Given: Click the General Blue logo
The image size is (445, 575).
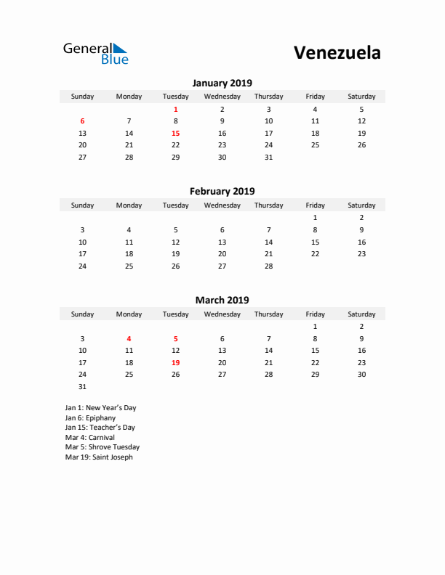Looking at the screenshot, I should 95,53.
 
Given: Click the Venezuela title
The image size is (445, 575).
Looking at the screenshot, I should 337,52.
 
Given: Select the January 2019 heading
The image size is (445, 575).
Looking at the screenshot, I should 222,83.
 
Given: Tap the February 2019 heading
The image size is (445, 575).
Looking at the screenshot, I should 222,192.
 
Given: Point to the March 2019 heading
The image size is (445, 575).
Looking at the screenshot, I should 222,300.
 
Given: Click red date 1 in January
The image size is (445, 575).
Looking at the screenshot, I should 175,109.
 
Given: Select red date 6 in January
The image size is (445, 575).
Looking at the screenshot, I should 82,121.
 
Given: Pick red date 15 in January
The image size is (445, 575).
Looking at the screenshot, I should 175,134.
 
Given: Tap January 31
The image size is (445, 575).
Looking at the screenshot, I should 268,157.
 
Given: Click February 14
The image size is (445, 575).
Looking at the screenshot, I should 268,242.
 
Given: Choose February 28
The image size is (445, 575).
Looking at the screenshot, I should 268,266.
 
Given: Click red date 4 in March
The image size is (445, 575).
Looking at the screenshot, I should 129,338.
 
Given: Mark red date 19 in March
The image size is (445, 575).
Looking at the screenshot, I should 175,362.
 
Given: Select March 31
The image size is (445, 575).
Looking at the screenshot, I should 82,386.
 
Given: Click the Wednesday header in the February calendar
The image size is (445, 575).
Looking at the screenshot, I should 222,205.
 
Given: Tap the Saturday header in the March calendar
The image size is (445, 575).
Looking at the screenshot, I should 361,314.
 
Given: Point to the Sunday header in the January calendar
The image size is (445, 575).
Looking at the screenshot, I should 82,97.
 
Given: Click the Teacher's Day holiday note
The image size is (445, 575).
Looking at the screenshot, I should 100,428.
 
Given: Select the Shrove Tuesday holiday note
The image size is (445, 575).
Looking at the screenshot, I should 102,447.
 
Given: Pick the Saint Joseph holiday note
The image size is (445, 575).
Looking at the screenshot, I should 99,457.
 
